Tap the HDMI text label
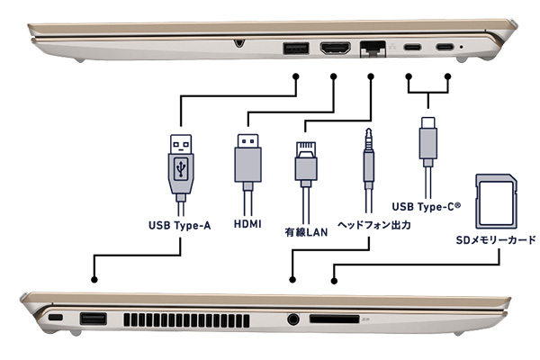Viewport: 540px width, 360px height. [247, 223]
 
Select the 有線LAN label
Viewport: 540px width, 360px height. [306, 232]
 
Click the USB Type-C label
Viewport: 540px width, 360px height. [427, 207]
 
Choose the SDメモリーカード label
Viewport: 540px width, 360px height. [496, 240]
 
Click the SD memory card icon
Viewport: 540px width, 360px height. [496, 200]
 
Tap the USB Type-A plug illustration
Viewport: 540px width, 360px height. [180, 162]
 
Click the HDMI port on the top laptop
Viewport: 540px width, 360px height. [335, 48]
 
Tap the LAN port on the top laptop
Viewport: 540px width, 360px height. [370, 48]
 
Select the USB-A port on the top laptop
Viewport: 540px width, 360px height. [296, 48]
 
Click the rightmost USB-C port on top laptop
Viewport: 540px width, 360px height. [445, 48]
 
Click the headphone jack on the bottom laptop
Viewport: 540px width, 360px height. [292, 318]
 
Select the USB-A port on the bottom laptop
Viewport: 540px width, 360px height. [93, 319]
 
